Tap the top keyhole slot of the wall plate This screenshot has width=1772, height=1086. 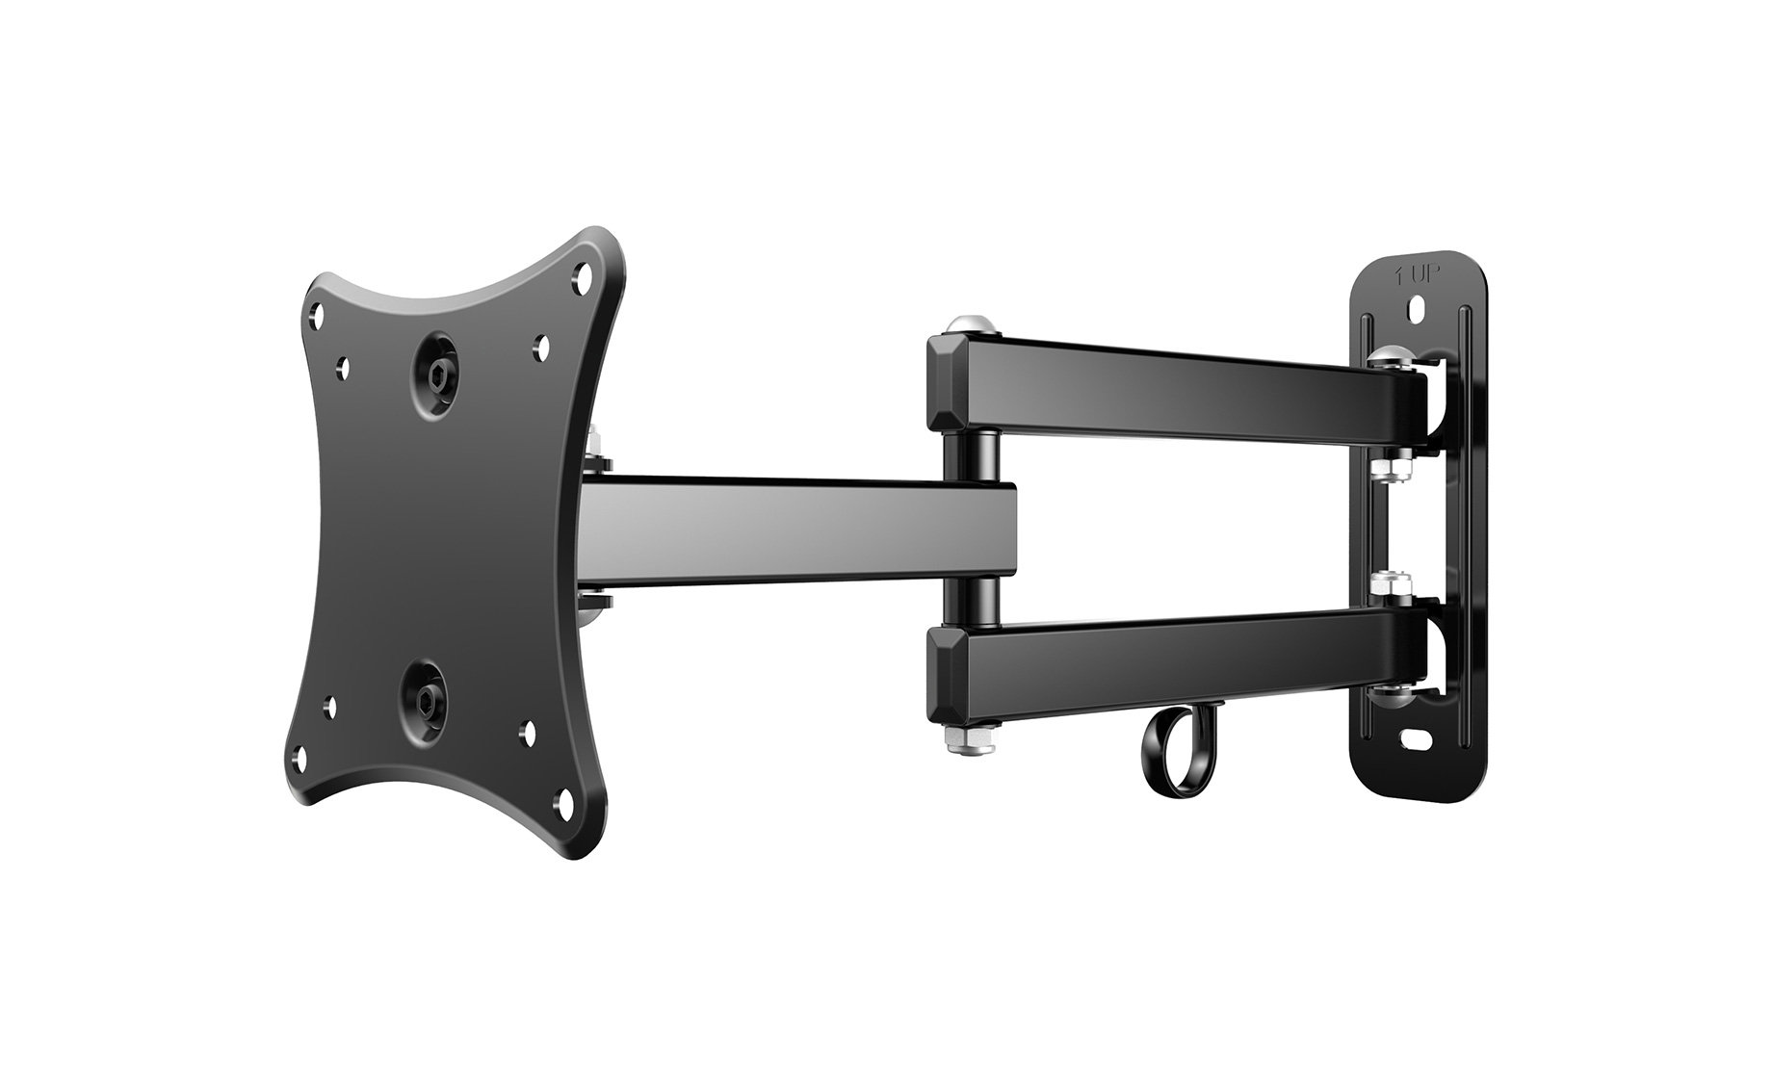click(x=1415, y=311)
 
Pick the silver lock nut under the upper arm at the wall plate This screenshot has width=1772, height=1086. click(x=1382, y=469)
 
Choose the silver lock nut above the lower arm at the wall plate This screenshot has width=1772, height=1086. click(x=1382, y=583)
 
